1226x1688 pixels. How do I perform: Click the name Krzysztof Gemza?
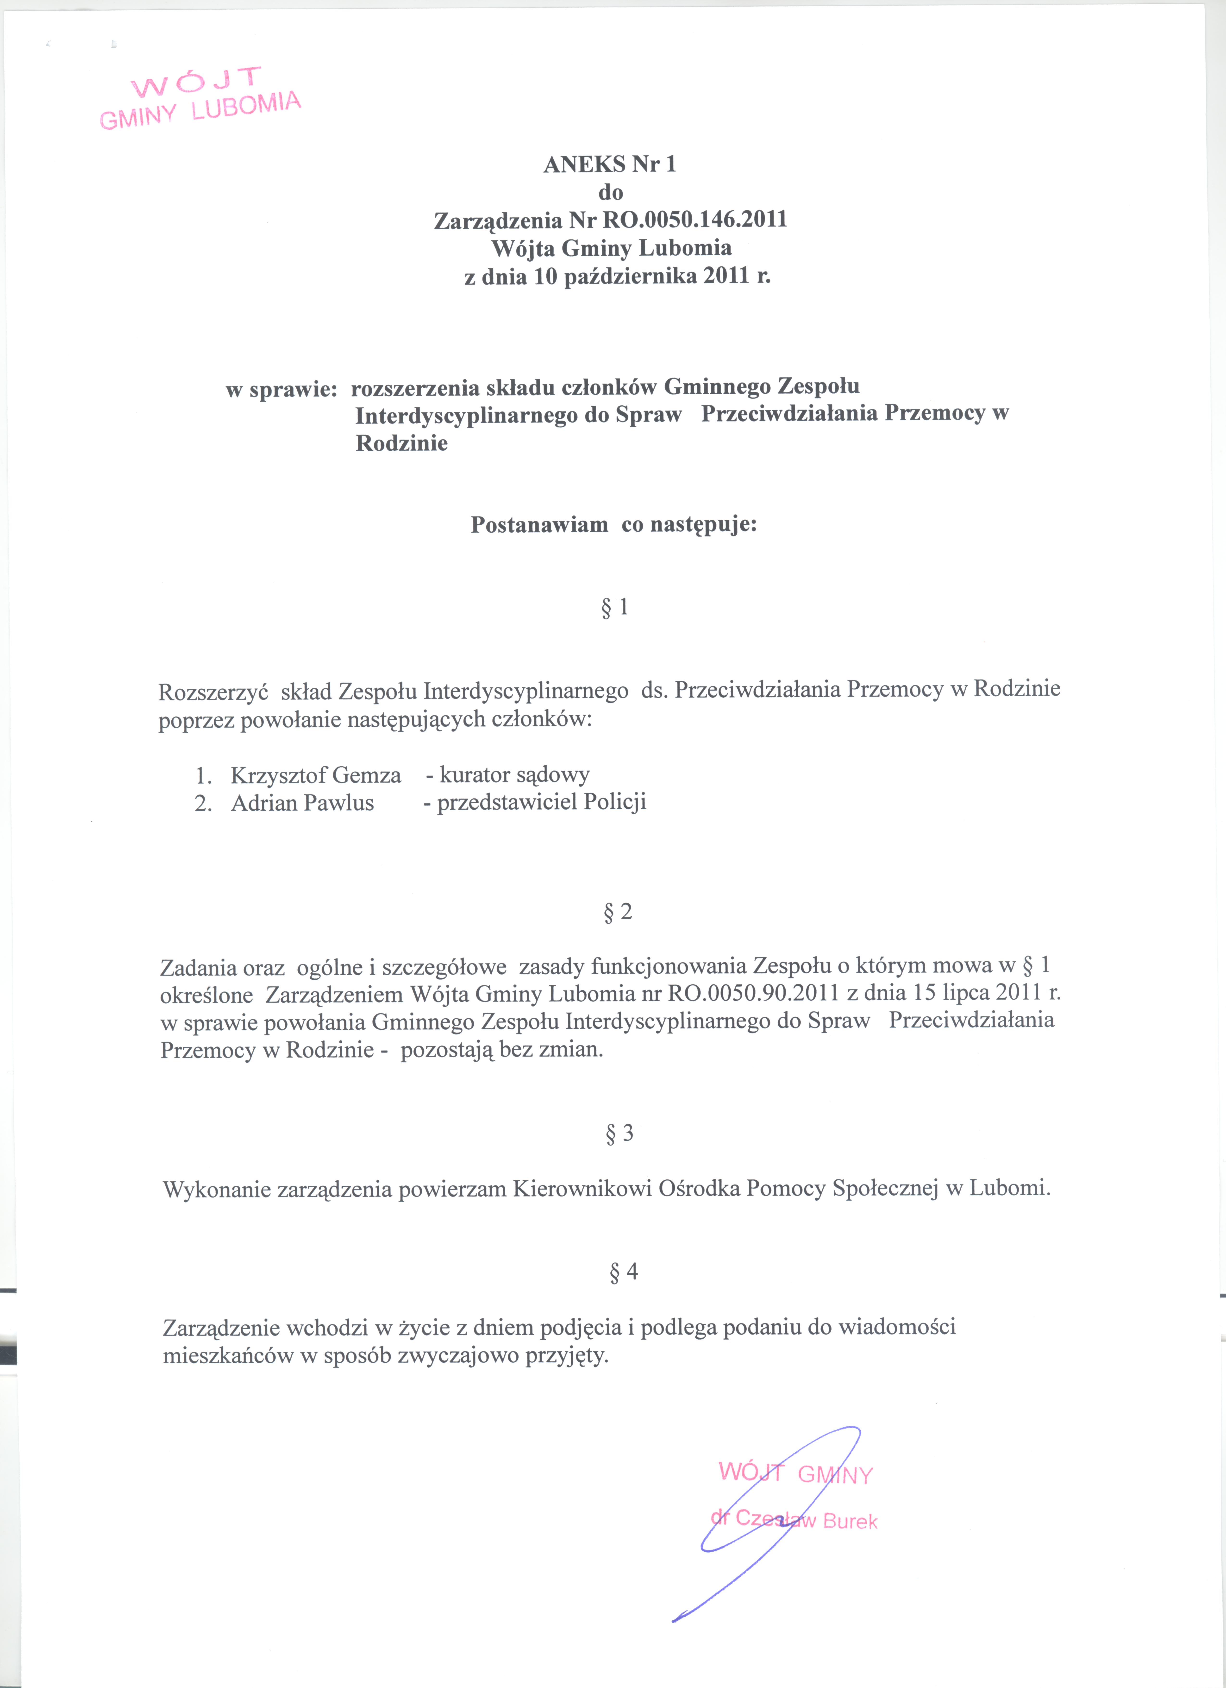coord(315,775)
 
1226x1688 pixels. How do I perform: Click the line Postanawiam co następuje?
coord(614,525)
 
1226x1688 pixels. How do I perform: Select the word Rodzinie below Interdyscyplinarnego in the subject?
coord(402,444)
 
